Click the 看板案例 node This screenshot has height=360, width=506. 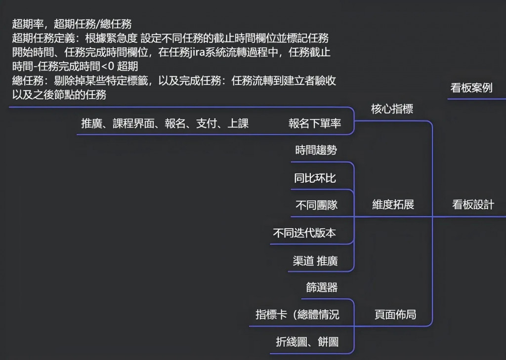point(471,88)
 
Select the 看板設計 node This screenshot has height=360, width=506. point(473,205)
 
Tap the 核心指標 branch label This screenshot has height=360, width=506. point(392,109)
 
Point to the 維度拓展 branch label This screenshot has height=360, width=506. point(393,205)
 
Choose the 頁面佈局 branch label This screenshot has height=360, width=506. point(395,315)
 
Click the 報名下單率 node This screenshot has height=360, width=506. point(315,123)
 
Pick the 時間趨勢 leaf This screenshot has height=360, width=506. point(316,151)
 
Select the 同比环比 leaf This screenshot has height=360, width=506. point(315,178)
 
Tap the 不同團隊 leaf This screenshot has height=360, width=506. point(316,205)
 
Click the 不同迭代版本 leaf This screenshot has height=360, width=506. point(304,233)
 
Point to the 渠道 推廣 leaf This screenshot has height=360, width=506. point(315,261)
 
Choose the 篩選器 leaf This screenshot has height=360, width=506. point(322,287)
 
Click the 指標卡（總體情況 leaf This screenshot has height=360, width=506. point(297,315)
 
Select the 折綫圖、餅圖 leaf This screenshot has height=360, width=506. point(307,342)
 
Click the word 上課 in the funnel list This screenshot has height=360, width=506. point(238,123)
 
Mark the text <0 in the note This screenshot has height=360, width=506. point(107,66)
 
